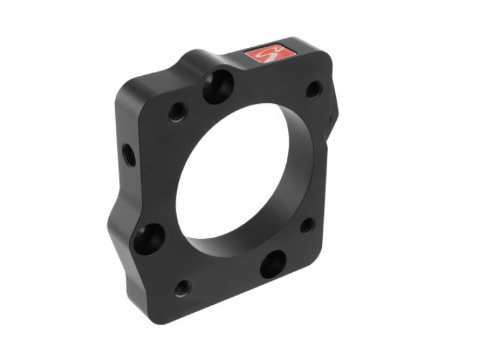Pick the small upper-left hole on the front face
(176, 111)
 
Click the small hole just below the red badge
(313, 89)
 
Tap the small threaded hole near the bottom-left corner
(182, 288)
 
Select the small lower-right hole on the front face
(307, 225)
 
